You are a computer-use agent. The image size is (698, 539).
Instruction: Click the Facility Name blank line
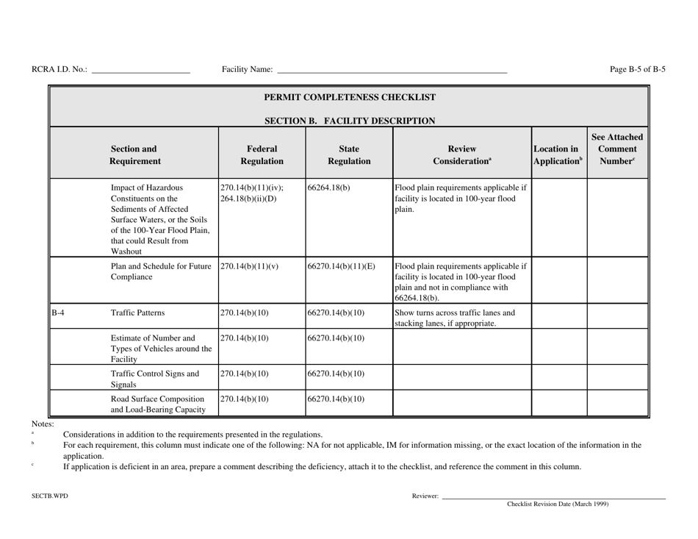point(391,71)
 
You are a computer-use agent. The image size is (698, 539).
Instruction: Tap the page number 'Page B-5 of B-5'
point(638,70)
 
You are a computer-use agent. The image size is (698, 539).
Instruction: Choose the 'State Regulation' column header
point(349,153)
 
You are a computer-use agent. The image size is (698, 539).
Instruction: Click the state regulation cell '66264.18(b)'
point(329,187)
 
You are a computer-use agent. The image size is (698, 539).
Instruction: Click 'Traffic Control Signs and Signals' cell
point(154,378)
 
